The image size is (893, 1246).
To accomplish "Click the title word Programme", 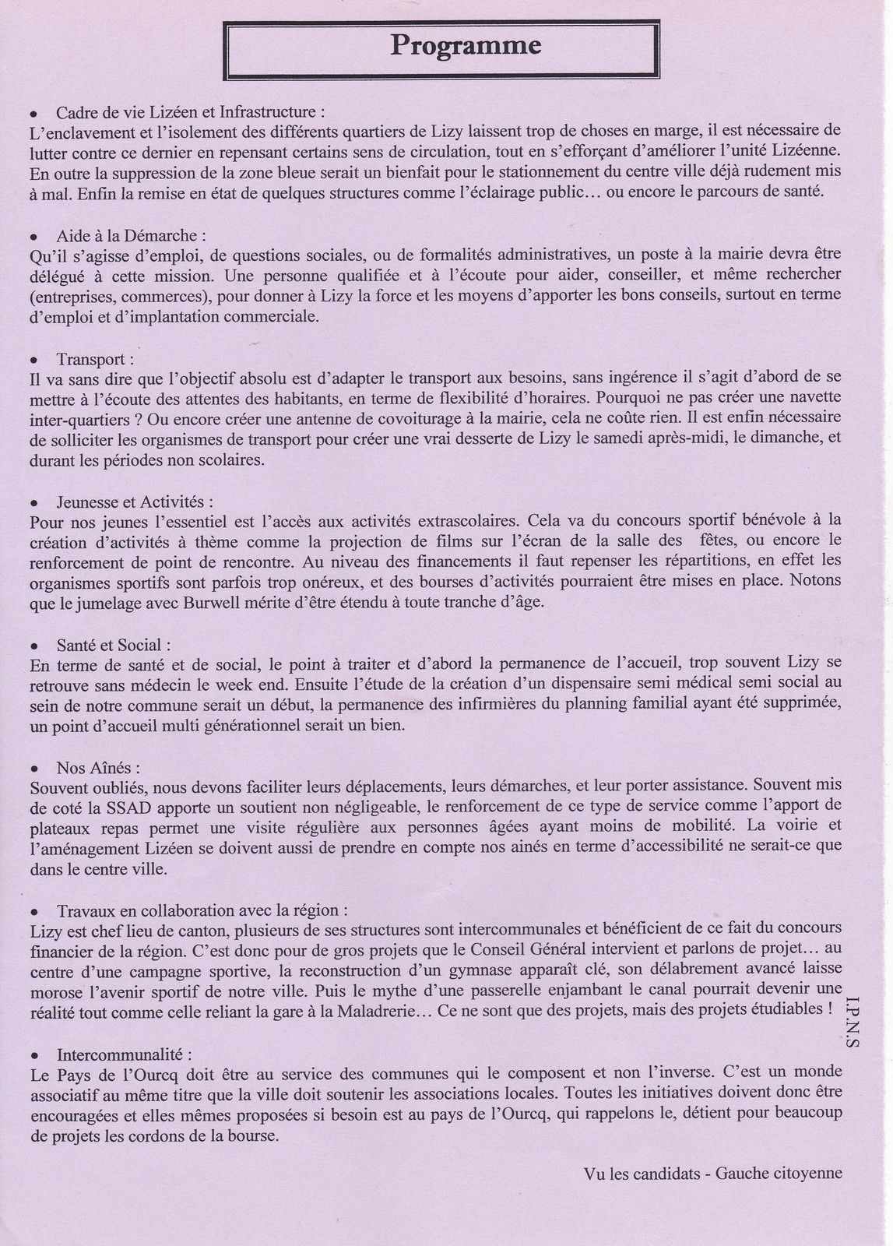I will pos(466,46).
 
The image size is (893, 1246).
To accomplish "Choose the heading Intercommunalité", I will pos(124,1055).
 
